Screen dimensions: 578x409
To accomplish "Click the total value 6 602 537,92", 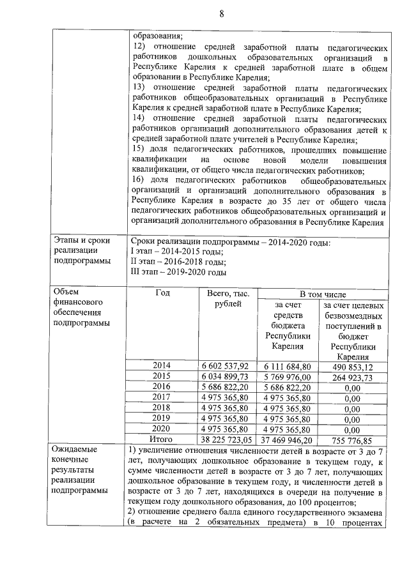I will click(227, 366).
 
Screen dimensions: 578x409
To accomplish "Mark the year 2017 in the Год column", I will click(162, 397).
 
